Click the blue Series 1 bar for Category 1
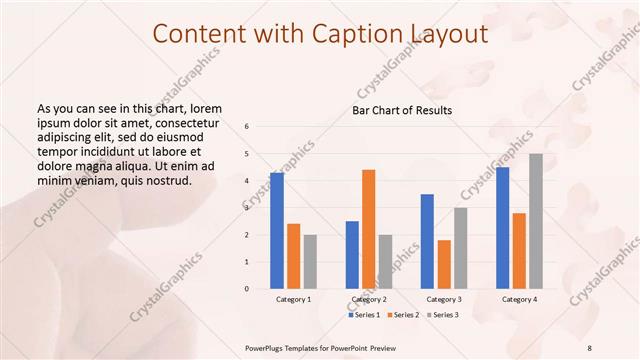point(276,231)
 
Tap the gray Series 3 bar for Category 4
point(536,221)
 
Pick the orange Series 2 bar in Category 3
point(444,264)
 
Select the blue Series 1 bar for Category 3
point(427,241)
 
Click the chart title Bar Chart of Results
point(401,110)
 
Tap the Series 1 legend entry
point(365,315)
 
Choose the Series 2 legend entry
point(402,315)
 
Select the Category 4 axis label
point(518,299)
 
